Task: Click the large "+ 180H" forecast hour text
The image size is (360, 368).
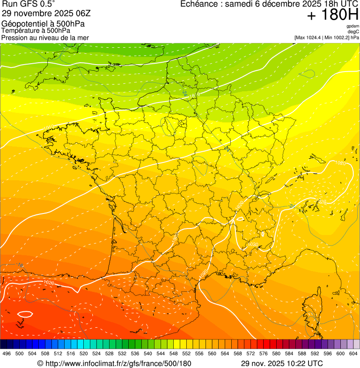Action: pos(332,15)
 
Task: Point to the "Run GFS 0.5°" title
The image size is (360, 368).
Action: pos(28,4)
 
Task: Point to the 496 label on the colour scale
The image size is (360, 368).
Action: pos(7,354)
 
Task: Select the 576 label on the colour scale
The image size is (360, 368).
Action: pos(264,354)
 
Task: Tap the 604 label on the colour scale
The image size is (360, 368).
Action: pos(353,354)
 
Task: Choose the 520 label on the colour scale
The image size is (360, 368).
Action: pos(84,354)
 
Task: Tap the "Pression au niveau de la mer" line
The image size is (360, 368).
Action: pos(45,37)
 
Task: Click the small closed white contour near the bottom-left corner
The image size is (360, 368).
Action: pos(25,314)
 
